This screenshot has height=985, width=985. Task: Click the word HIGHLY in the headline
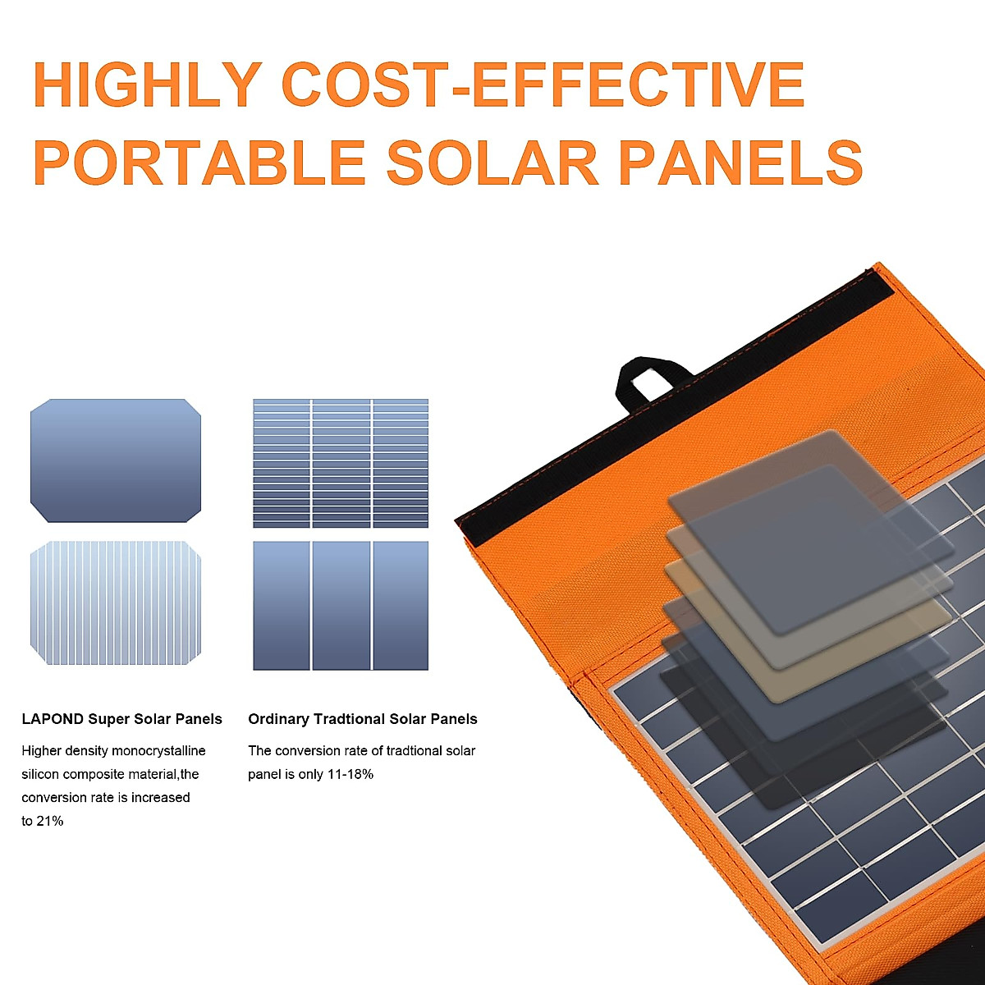click(x=148, y=84)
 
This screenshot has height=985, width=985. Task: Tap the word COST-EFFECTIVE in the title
click(x=543, y=84)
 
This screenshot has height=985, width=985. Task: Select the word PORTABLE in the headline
click(x=199, y=162)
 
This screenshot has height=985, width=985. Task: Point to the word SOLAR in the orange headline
click(x=492, y=162)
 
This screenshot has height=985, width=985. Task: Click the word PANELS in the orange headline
click(x=740, y=162)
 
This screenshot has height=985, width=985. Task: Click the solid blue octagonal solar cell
click(x=116, y=460)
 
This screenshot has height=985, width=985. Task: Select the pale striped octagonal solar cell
click(x=116, y=602)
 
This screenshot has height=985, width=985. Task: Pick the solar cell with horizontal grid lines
click(x=341, y=463)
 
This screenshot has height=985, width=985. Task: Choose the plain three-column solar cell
click(x=341, y=606)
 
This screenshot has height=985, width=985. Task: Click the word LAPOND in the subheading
click(x=53, y=719)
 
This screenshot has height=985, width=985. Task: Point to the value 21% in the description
click(x=49, y=821)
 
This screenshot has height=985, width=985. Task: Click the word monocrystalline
click(x=158, y=751)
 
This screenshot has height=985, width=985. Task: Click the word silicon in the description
click(x=40, y=774)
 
